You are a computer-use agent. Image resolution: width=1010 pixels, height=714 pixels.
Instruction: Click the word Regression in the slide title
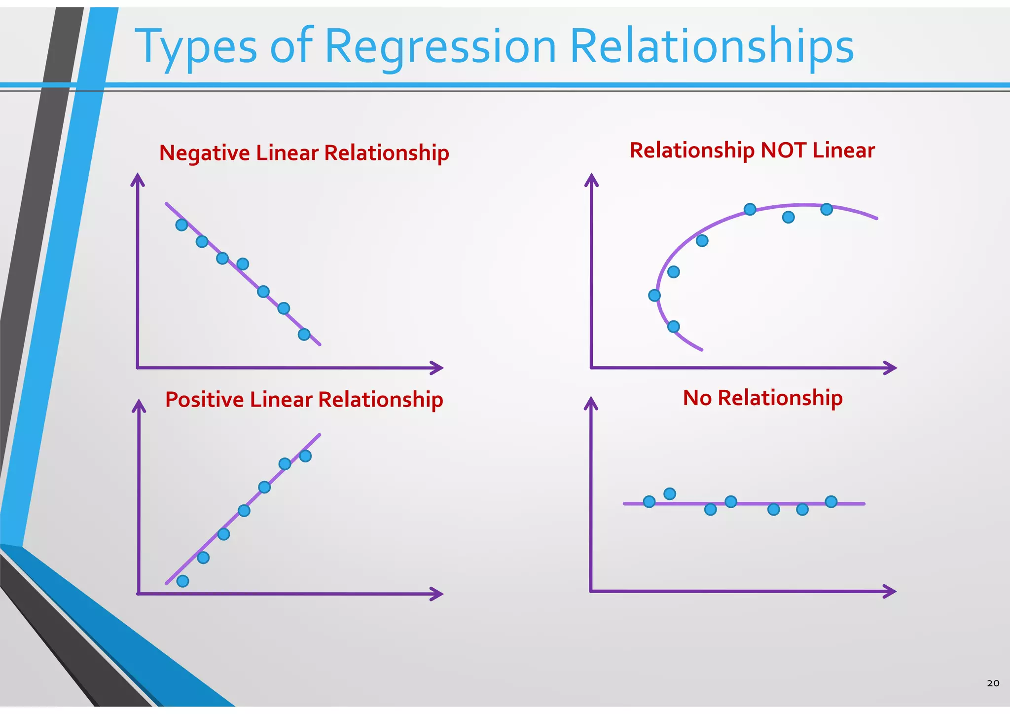click(440, 47)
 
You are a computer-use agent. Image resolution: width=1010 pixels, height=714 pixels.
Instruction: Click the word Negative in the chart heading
click(204, 152)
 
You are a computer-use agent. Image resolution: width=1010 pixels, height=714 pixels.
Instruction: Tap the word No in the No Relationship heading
click(697, 398)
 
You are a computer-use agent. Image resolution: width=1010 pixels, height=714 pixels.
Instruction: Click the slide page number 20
click(993, 683)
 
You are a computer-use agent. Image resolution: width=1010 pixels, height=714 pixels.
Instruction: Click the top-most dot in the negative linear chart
click(181, 225)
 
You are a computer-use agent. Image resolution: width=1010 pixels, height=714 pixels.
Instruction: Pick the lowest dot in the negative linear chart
click(304, 335)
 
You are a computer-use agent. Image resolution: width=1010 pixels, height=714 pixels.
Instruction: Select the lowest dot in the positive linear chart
click(182, 581)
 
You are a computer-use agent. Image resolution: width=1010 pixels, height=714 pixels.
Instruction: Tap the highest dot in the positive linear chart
click(305, 456)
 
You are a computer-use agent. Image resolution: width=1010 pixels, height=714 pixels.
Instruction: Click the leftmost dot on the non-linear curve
click(654, 296)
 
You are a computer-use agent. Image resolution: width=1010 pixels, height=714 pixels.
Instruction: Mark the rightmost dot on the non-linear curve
click(827, 210)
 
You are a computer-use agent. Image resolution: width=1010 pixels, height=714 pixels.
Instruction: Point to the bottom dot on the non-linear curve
click(673, 327)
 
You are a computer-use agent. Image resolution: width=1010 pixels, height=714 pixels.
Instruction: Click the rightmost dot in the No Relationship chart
click(831, 502)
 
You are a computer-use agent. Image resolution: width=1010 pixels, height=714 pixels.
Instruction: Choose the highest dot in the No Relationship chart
click(669, 494)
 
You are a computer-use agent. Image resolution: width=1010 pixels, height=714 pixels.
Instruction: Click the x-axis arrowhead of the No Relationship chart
click(890, 591)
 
